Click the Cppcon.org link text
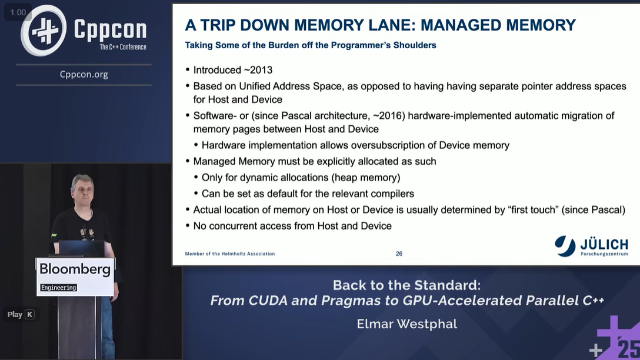[84, 74]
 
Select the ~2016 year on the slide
[388, 115]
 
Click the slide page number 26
[399, 254]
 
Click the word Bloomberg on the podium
[75, 269]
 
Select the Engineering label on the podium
[59, 288]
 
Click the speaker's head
[82, 186]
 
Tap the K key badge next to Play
[29, 315]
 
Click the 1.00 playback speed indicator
[18, 12]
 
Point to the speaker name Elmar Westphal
[406, 324]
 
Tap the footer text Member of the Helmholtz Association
[229, 254]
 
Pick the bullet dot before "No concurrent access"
[188, 226]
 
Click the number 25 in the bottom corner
[629, 349]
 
